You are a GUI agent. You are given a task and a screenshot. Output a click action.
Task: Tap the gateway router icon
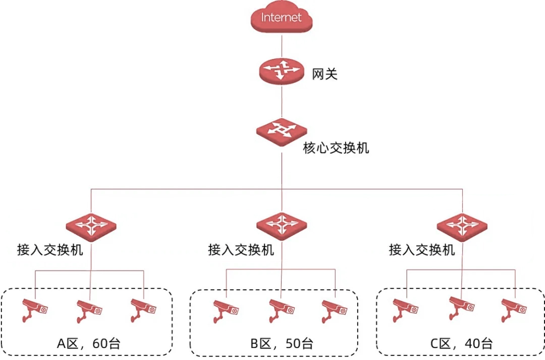(281, 70)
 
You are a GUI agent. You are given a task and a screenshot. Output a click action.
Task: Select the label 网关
(324, 75)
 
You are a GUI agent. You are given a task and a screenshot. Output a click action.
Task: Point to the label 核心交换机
(336, 148)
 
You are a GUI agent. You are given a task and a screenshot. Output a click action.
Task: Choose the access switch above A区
(91, 225)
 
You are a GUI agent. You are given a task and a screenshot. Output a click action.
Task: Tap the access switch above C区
(462, 225)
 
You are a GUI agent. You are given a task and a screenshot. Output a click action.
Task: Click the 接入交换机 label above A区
(50, 250)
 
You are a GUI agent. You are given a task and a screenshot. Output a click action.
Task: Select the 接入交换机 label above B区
(241, 250)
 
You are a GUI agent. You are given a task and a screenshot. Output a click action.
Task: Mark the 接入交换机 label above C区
(422, 250)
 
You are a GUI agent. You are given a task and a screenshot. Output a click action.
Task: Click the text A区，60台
(88, 344)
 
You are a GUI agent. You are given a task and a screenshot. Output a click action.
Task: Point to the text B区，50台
(281, 344)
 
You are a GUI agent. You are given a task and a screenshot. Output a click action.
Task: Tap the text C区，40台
(461, 344)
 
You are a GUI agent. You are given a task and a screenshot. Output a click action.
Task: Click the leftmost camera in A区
(35, 309)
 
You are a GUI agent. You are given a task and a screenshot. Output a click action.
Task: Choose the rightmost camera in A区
(143, 309)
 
